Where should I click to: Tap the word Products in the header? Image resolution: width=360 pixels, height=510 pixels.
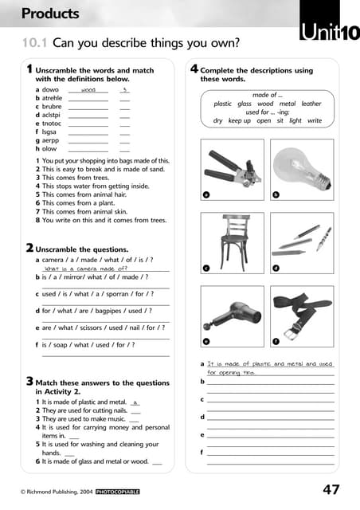[50, 14]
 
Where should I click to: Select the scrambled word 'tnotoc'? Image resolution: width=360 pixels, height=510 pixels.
[50, 124]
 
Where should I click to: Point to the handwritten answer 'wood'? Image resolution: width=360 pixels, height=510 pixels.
[88, 90]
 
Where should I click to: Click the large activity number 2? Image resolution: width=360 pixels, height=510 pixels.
[29, 248]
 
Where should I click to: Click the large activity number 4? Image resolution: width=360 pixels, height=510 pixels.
[194, 69]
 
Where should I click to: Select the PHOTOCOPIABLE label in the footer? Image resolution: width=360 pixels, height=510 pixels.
[117, 492]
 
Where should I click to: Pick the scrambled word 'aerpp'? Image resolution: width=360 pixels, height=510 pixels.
[49, 140]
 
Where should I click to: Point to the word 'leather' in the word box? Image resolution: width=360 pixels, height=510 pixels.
[311, 104]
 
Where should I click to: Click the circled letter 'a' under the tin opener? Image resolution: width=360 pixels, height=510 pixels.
[205, 194]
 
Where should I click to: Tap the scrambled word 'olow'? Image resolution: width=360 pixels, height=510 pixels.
[49, 149]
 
